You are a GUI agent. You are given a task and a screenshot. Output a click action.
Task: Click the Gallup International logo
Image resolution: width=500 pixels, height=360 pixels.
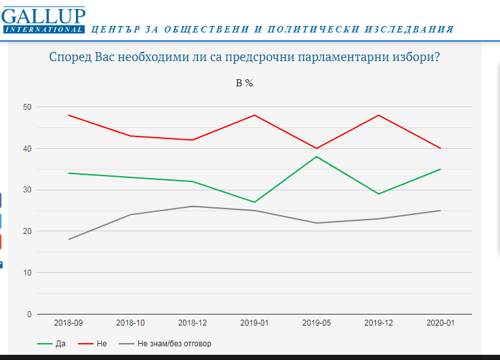tap(44, 19)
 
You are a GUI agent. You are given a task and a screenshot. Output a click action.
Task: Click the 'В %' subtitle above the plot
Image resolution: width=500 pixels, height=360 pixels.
tap(244, 83)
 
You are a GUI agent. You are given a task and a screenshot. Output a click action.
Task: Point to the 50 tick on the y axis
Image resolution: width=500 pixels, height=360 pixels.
tap(27, 107)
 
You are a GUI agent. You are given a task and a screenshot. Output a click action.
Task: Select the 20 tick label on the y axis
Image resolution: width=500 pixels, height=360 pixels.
tap(27, 231)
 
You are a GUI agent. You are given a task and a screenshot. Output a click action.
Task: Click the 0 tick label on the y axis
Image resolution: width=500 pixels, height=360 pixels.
tap(29, 315)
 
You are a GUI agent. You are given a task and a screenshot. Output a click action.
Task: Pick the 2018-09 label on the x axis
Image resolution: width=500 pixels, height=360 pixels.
tap(68, 322)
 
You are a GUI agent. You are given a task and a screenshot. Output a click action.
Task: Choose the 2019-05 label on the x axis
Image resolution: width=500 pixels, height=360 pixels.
tap(316, 322)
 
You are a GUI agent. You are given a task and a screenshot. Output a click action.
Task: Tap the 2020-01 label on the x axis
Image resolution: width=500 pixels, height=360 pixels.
tap(440, 322)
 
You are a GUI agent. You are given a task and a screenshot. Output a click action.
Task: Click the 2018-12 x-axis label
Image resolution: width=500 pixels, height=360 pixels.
tap(192, 322)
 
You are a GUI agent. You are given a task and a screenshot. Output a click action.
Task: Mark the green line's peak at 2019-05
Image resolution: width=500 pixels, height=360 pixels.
tap(316, 157)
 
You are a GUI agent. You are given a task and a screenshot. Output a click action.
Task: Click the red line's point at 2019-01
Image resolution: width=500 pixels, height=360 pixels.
tap(255, 115)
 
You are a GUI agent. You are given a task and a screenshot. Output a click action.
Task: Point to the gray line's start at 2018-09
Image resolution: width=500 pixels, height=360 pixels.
tap(68, 240)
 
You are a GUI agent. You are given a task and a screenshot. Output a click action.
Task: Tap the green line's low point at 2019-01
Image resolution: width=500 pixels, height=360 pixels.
tap(255, 202)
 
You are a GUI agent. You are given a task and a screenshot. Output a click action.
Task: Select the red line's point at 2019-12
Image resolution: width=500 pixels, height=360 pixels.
tap(379, 115)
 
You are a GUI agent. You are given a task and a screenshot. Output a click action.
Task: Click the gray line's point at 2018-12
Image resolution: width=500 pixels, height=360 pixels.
tap(192, 207)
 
